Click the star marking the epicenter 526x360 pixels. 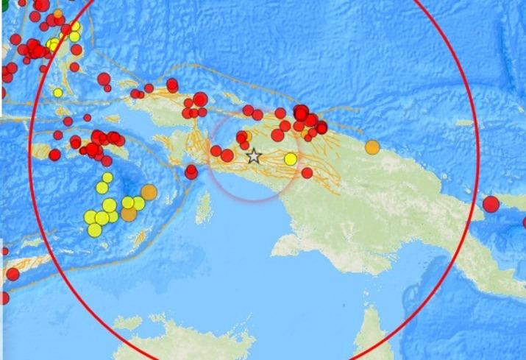pyautogui.click(x=253, y=156)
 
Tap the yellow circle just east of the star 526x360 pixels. pyautogui.click(x=291, y=159)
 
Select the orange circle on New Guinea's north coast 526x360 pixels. pyautogui.click(x=372, y=147)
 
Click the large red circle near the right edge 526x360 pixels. pyautogui.click(x=491, y=204)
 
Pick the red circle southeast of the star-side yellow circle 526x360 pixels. pyautogui.click(x=307, y=173)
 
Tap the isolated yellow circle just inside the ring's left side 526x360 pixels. pyautogui.click(x=58, y=93)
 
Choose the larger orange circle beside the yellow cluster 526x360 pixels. pyautogui.click(x=149, y=192)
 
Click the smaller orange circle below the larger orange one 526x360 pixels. pyautogui.click(x=129, y=214)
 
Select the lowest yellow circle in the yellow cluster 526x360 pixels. pyautogui.click(x=95, y=230)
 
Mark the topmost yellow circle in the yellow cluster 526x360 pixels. pyautogui.click(x=107, y=177)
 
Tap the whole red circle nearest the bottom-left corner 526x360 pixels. pyautogui.click(x=13, y=274)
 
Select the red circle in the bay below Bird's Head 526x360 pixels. pyautogui.click(x=191, y=172)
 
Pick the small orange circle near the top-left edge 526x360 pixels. pyautogui.click(x=58, y=13)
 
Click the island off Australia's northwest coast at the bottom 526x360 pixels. pyautogui.click(x=127, y=322)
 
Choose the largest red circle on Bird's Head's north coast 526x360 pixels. pyautogui.click(x=200, y=99)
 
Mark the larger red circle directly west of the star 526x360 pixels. pyautogui.click(x=227, y=156)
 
